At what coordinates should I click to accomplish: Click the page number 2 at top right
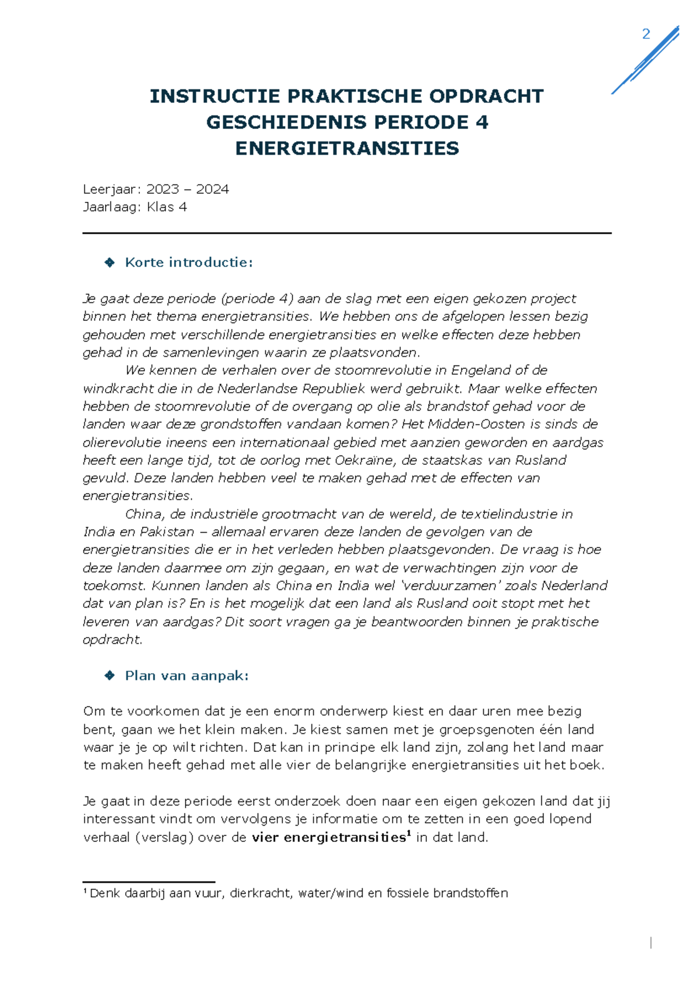point(646,34)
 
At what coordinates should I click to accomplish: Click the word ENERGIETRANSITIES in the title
point(347,149)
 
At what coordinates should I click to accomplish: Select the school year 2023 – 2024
point(187,189)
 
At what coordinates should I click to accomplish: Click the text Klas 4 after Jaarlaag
point(166,207)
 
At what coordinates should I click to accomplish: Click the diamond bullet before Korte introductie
point(110,263)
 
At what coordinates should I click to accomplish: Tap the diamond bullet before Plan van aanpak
point(110,676)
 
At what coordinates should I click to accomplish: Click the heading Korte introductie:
point(189,262)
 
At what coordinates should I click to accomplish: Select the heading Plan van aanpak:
point(187,676)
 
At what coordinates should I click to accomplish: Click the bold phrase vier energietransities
point(328,837)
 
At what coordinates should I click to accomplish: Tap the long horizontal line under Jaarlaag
point(347,233)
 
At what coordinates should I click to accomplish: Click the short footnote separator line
point(148,882)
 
